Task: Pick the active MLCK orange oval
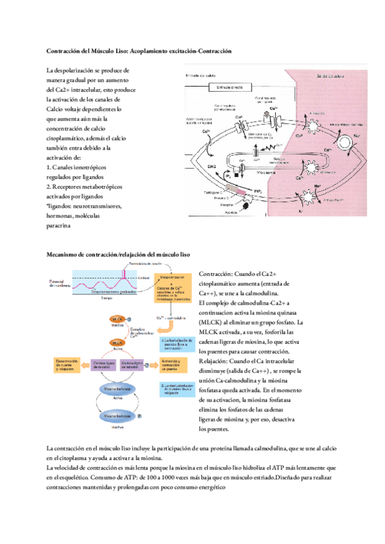click(x=117, y=343)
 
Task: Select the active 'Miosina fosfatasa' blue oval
click(x=117, y=389)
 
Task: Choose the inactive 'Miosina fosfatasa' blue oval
click(x=117, y=417)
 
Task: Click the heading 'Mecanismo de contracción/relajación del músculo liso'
click(x=119, y=255)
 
